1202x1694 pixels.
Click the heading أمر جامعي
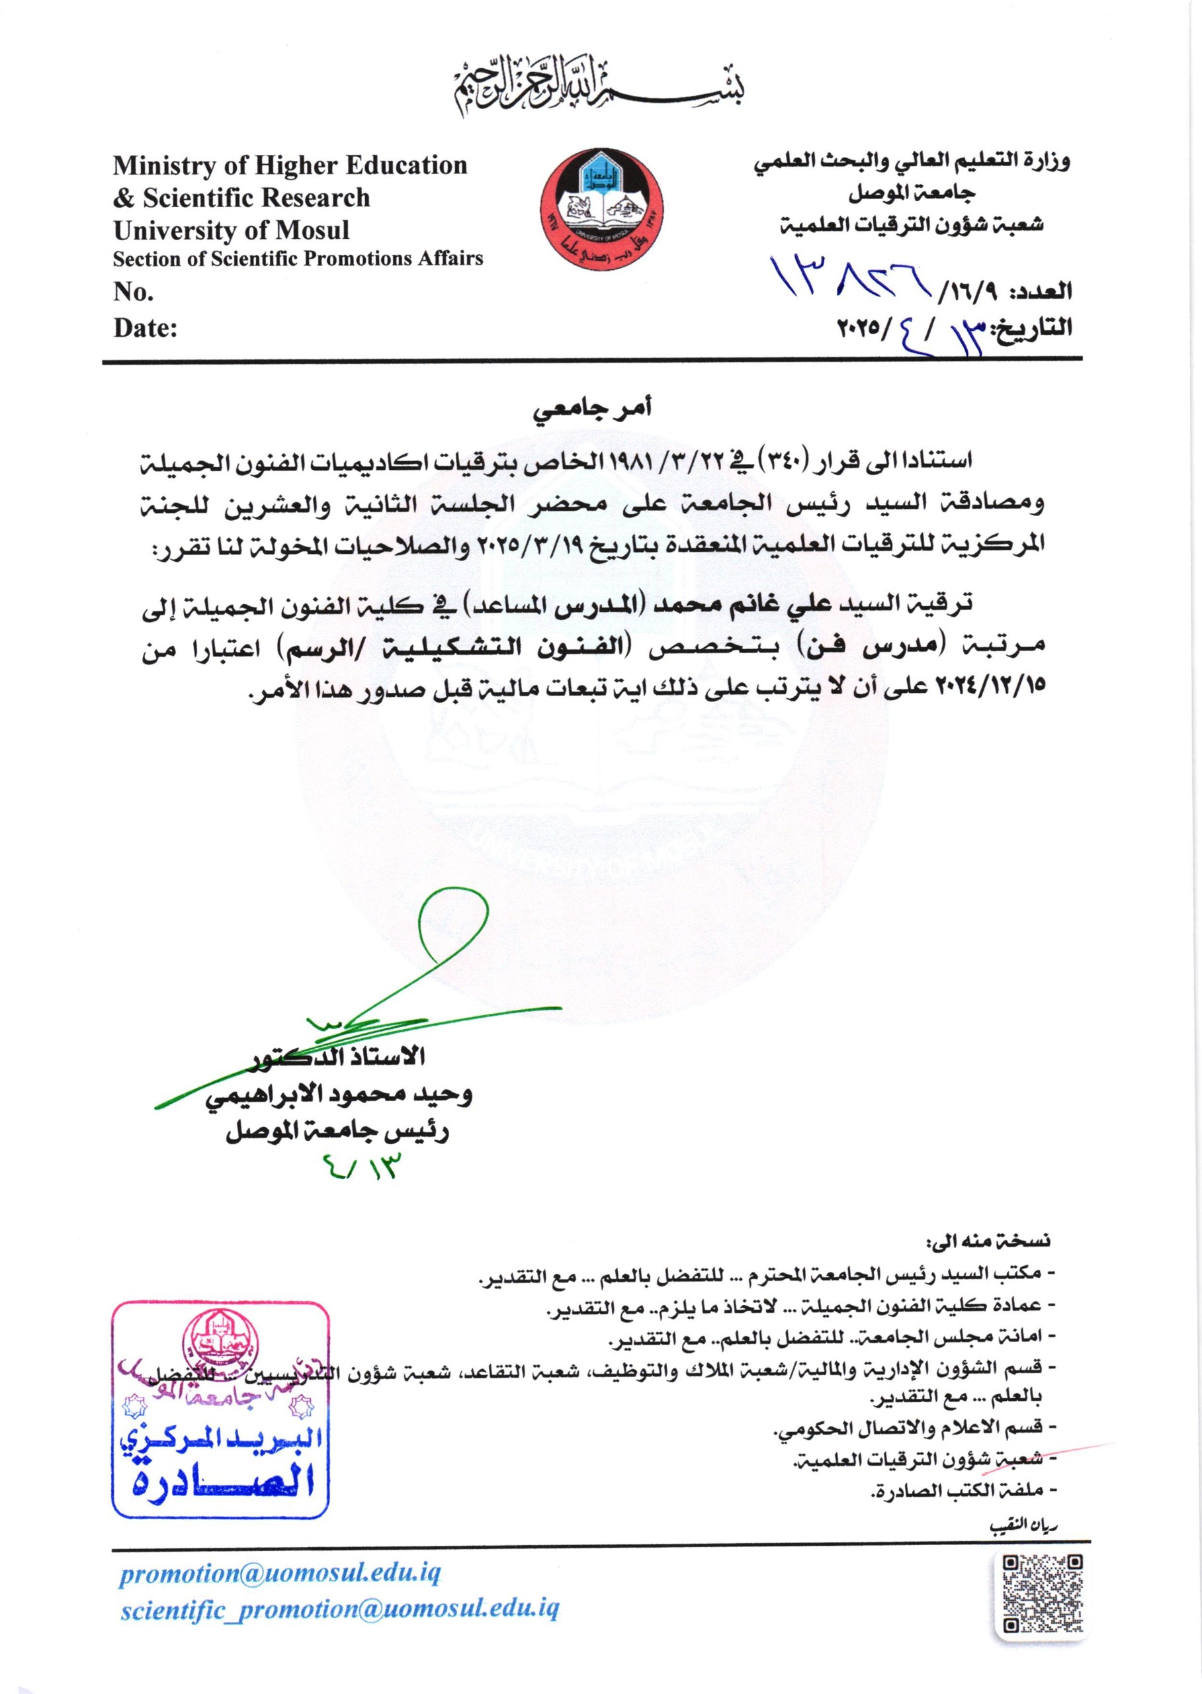tap(592, 409)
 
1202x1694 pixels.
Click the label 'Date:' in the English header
tap(145, 328)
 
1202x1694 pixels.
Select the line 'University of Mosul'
tap(231, 230)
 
